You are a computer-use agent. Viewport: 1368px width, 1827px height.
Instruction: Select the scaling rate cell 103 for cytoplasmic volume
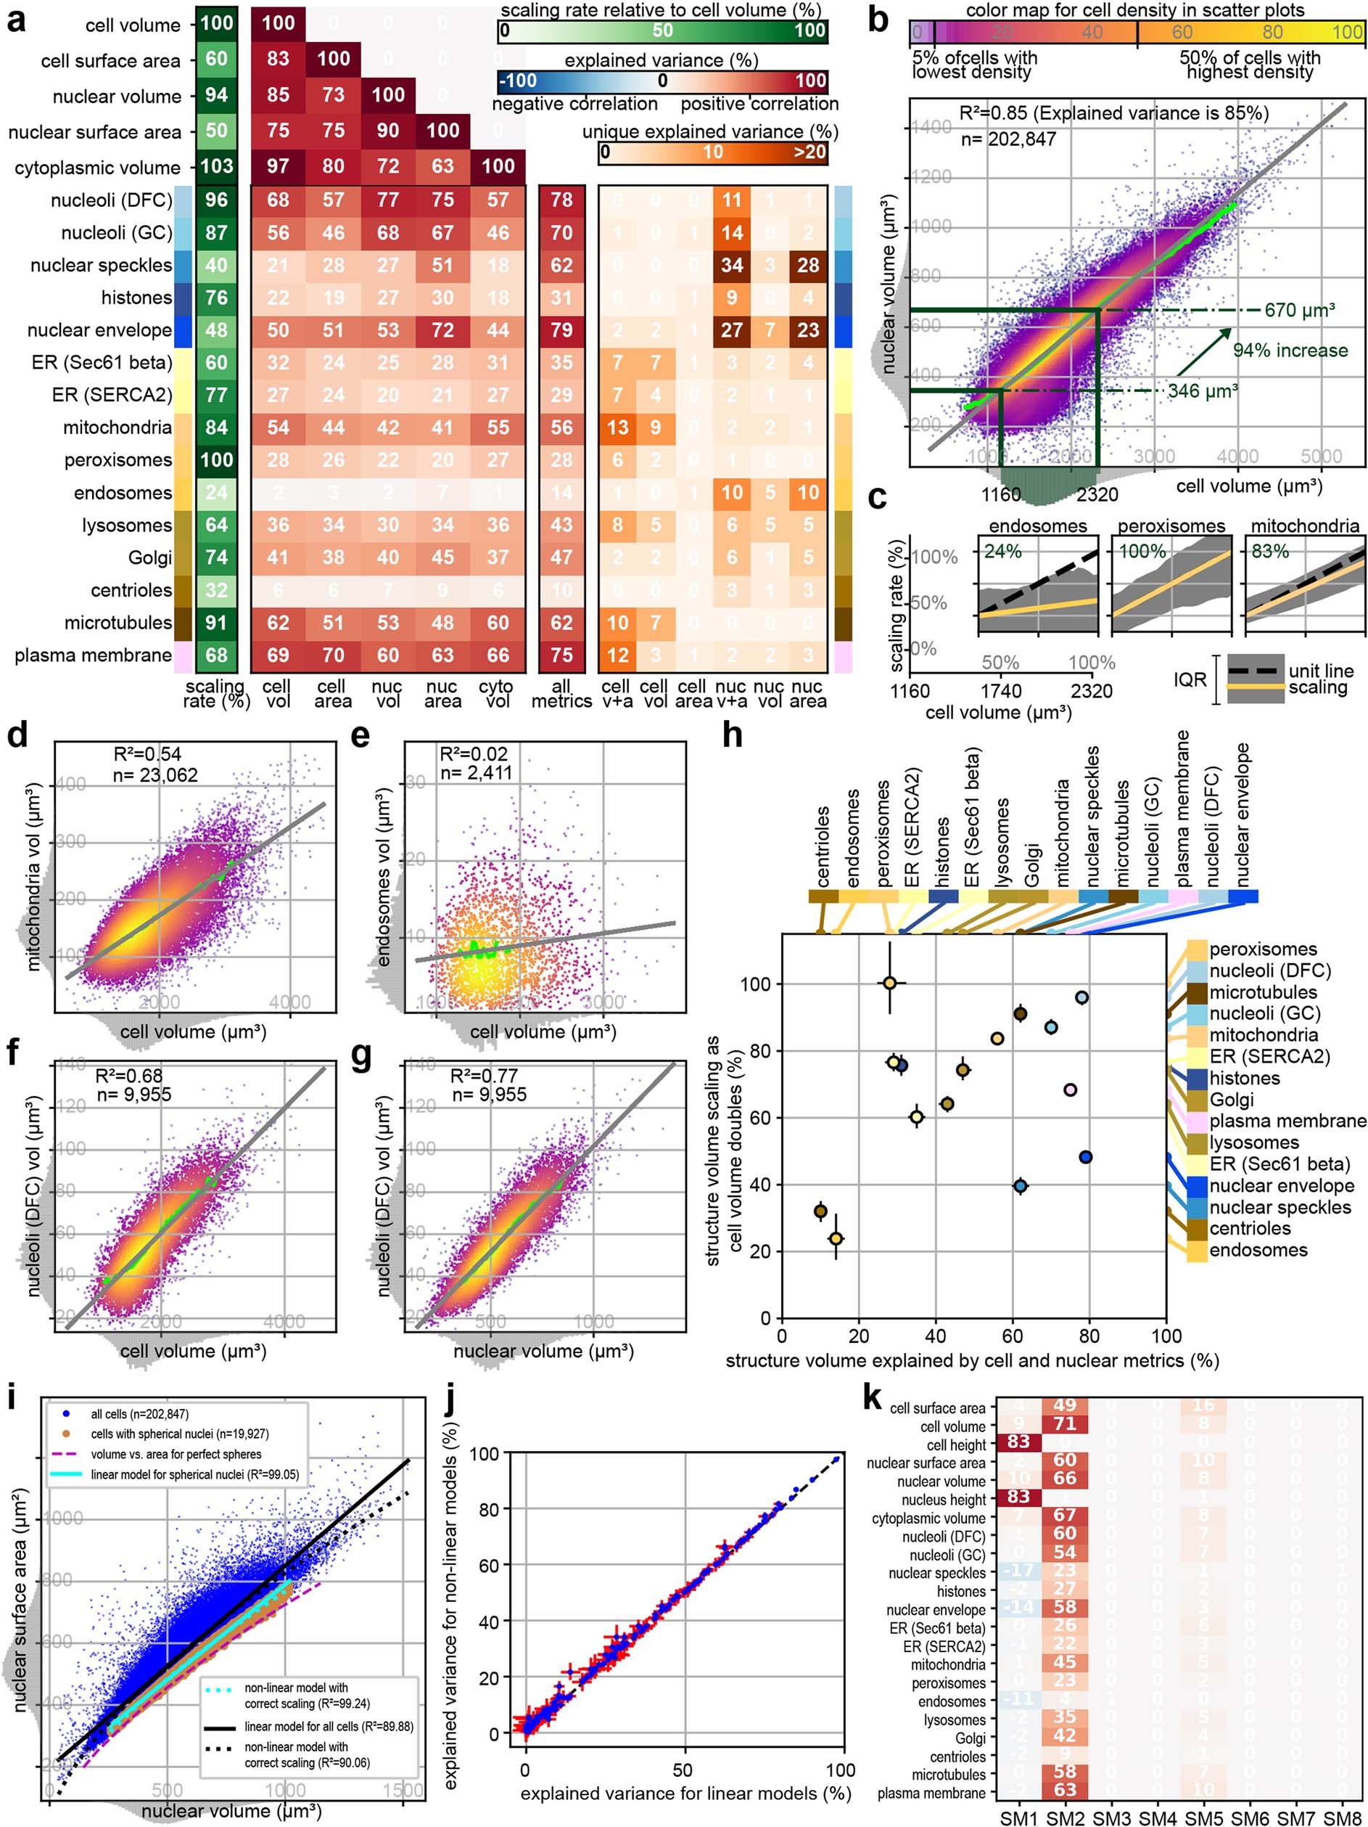coord(217,166)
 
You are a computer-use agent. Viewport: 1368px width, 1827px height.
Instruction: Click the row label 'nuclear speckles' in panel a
coord(101,265)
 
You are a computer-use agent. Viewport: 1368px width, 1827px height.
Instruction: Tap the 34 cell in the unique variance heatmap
coord(731,265)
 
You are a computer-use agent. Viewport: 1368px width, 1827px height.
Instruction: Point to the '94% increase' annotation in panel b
coord(1290,350)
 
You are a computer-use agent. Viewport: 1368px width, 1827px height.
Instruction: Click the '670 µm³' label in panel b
coord(1300,311)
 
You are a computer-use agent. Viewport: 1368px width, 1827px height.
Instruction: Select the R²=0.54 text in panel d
coord(147,754)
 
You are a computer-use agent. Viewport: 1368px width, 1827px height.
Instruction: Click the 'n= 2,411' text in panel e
coord(477,773)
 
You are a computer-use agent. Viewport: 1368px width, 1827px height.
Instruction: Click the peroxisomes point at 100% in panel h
coord(890,983)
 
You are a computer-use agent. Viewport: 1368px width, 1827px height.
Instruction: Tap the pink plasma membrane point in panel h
coord(1070,1090)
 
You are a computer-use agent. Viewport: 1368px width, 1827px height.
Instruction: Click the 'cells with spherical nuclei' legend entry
coord(179,1434)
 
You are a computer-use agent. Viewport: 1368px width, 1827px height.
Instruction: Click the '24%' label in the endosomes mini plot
coord(1002,551)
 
